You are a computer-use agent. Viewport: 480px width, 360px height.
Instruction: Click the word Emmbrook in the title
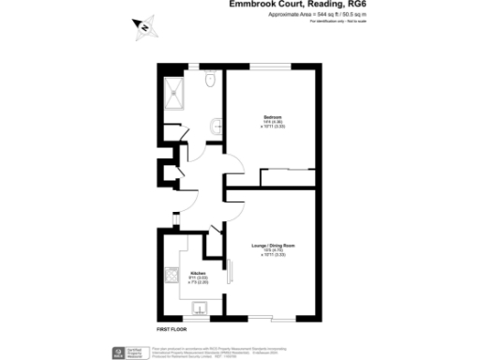coord(252,5)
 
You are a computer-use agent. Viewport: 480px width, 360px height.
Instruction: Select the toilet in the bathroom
coord(211,83)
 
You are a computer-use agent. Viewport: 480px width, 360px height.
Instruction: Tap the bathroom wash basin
coord(217,124)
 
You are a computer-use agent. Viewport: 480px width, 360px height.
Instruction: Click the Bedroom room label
coord(273,115)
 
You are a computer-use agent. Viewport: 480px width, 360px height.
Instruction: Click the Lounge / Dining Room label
coord(272,245)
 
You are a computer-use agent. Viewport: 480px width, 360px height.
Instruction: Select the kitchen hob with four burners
coord(172,277)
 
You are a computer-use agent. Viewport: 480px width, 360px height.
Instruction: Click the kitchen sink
coord(199,307)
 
